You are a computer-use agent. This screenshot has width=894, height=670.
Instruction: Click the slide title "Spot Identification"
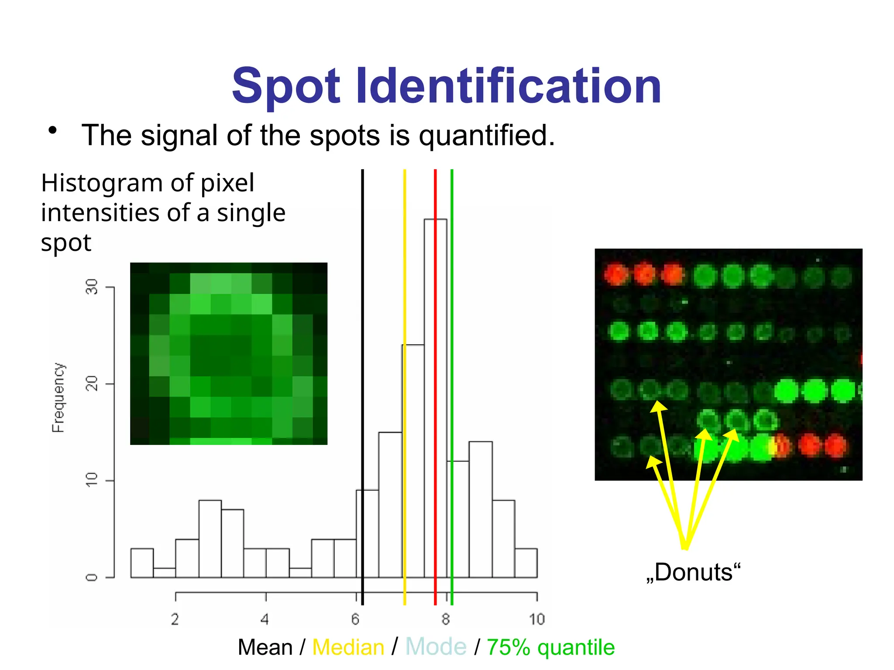click(446, 86)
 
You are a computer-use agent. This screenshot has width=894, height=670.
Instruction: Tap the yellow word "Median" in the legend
click(348, 647)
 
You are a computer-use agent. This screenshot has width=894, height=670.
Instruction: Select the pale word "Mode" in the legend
click(436, 647)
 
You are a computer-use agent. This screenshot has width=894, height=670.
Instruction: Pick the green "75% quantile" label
click(550, 647)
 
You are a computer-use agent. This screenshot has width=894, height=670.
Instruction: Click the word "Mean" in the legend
click(265, 647)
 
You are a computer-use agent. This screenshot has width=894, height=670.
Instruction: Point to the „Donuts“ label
click(693, 572)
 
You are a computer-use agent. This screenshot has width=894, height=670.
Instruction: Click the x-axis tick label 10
click(537, 619)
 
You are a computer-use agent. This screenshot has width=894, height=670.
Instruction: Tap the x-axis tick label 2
click(175, 619)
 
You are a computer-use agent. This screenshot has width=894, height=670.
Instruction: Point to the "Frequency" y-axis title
click(58, 397)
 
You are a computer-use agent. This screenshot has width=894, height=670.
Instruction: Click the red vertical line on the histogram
click(435, 196)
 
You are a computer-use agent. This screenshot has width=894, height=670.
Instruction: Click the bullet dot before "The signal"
click(53, 130)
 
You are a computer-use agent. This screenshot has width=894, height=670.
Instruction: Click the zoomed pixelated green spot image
click(229, 353)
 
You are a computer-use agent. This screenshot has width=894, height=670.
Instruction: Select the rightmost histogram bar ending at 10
click(526, 563)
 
